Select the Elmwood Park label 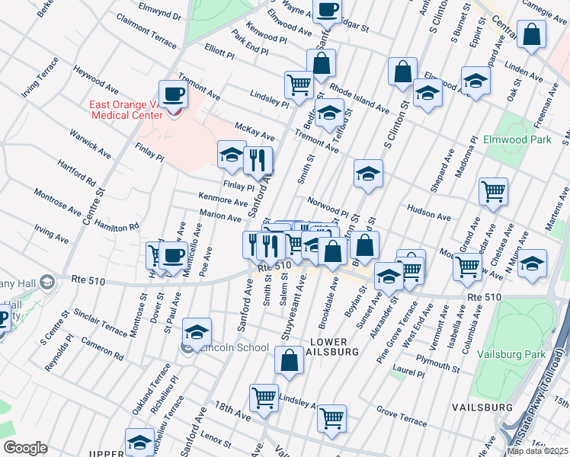pyautogui.click(x=516, y=140)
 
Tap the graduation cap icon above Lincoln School pyautogui.click(x=197, y=332)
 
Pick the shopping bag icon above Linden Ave pyautogui.click(x=531, y=34)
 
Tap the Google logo pyautogui.click(x=25, y=447)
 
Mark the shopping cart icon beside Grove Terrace pyautogui.click(x=332, y=417)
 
